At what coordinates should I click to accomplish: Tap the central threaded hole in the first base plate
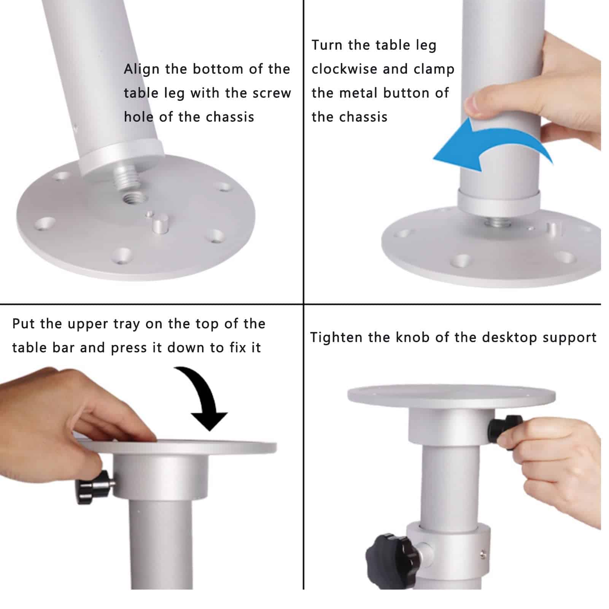(135, 198)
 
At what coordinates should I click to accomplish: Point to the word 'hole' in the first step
(138, 117)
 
